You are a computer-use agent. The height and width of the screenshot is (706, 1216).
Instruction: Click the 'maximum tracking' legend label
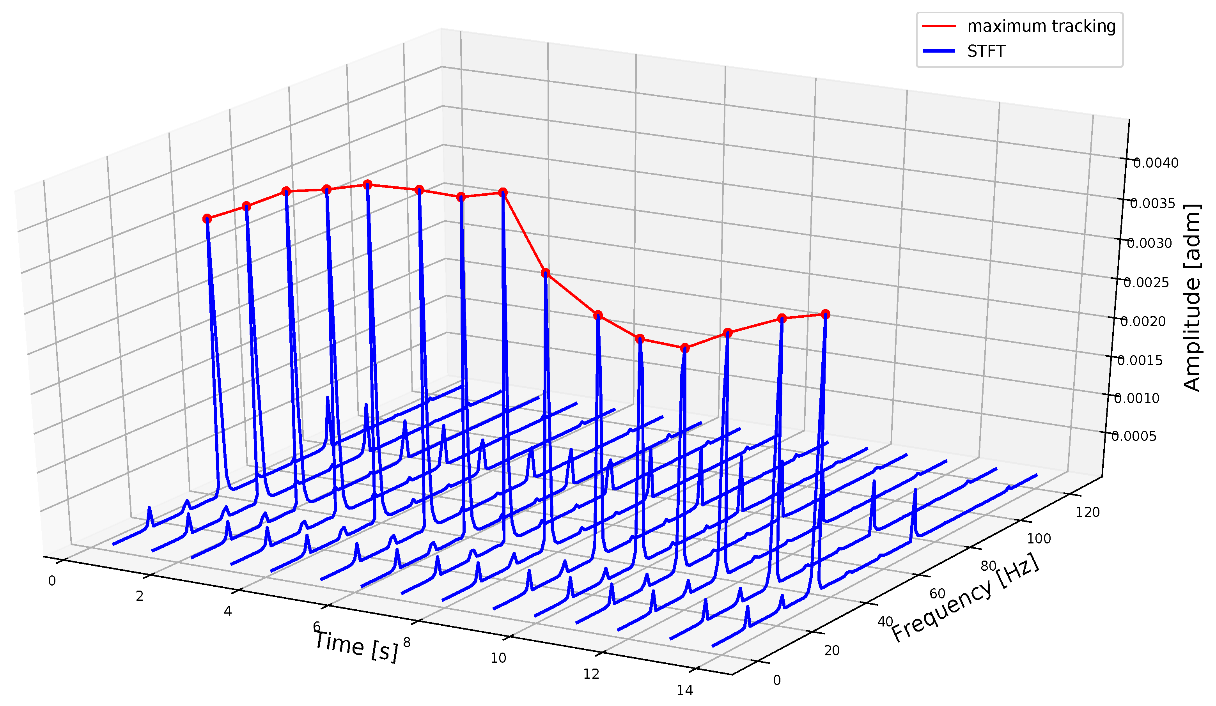(x=1041, y=26)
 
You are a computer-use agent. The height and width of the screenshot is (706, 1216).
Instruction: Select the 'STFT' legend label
(x=986, y=51)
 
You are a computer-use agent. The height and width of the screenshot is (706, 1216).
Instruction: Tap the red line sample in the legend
(x=939, y=26)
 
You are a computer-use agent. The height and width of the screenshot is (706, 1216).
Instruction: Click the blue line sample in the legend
(x=939, y=51)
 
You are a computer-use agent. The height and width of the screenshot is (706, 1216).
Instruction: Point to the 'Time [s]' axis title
(x=356, y=646)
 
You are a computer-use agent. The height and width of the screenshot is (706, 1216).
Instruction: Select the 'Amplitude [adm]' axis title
(x=1192, y=297)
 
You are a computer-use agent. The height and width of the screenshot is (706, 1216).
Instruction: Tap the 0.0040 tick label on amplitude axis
(x=1155, y=163)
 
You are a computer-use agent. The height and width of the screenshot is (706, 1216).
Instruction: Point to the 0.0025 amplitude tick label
(x=1146, y=283)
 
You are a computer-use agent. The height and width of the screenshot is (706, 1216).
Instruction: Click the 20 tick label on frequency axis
(x=832, y=651)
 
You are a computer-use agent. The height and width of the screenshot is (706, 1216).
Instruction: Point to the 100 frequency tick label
(x=1039, y=539)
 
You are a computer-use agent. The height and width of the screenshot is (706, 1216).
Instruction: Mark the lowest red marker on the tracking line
(x=685, y=348)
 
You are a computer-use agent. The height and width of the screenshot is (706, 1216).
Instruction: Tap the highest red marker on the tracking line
(x=368, y=184)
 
